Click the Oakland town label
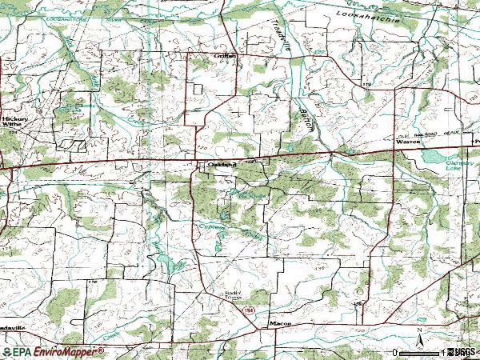point(219,165)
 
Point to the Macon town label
point(279,323)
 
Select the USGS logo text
point(463,352)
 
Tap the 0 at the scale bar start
point(395,352)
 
